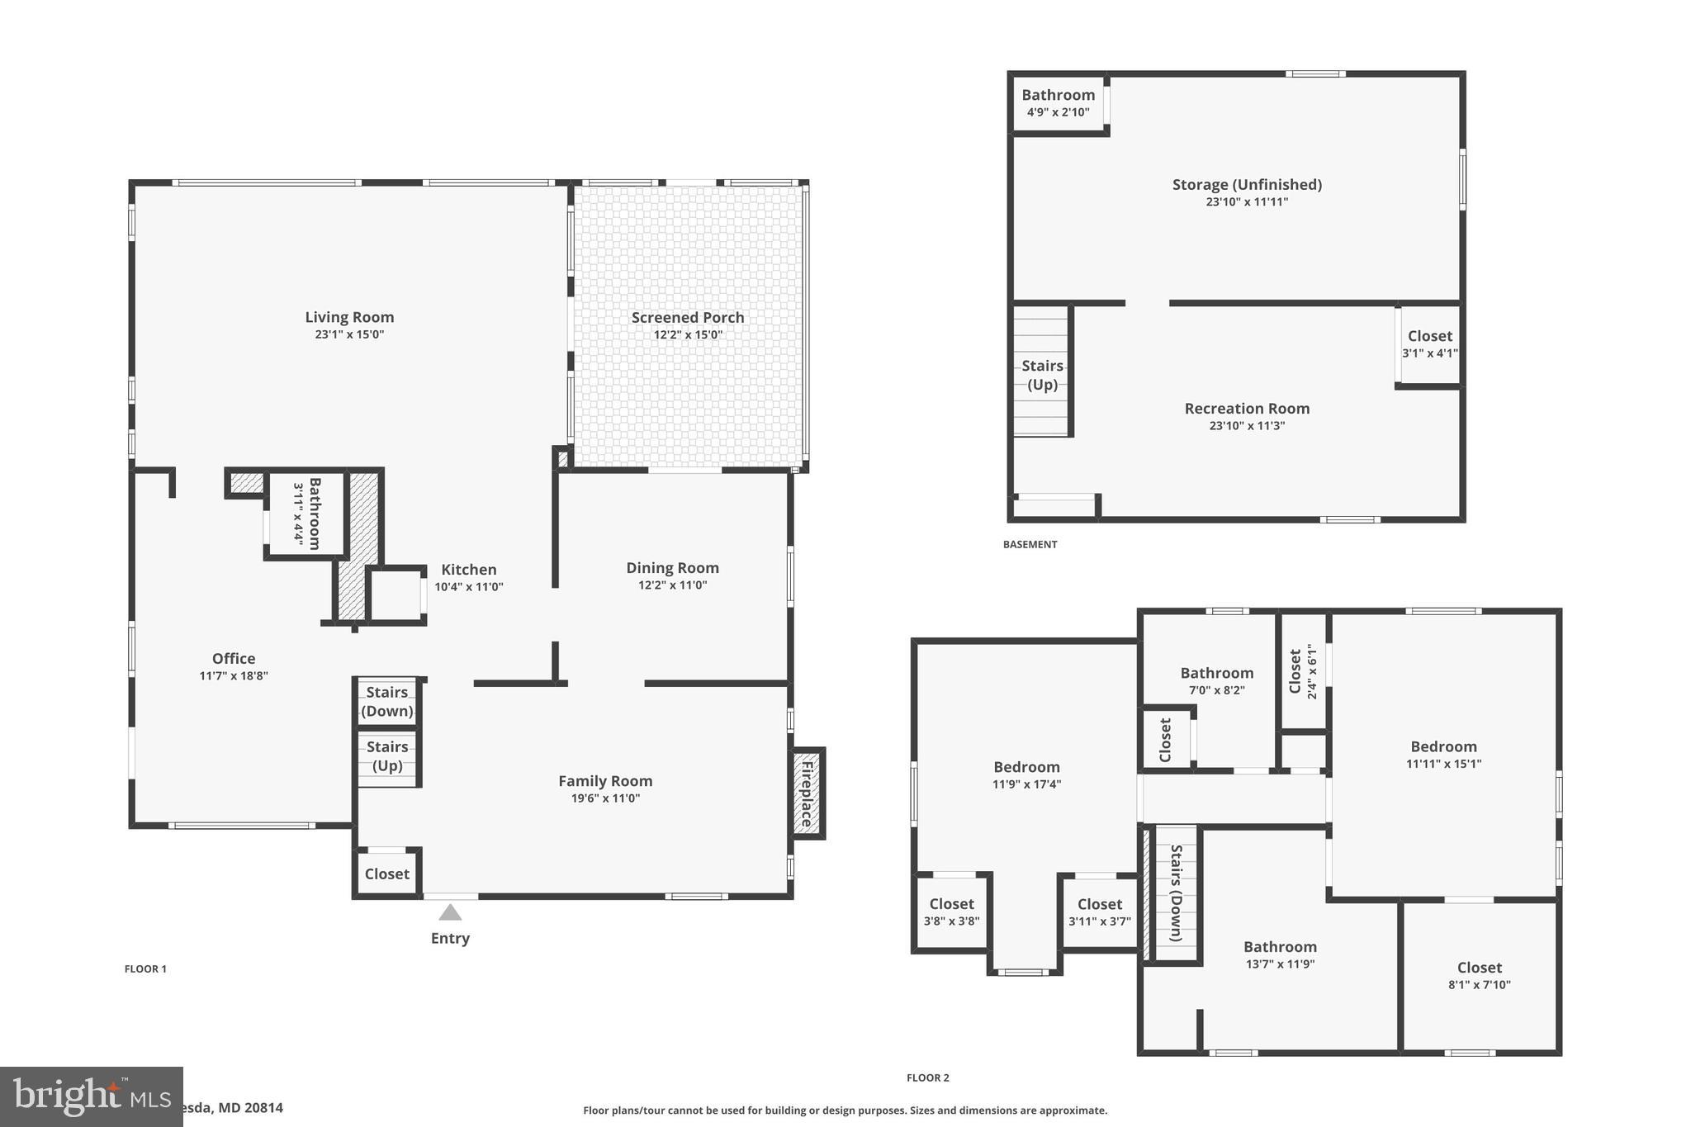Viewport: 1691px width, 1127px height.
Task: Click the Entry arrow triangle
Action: coord(450,912)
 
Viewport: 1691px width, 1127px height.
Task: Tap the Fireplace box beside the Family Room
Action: coord(808,793)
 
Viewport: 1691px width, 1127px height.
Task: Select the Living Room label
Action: coord(349,317)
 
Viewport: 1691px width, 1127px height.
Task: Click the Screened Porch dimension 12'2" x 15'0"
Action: coord(688,335)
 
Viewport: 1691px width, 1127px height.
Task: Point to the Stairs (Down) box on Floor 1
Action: coord(387,702)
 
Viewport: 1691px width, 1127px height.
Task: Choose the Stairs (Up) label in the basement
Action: coord(1042,375)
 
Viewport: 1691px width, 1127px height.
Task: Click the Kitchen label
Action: coord(468,570)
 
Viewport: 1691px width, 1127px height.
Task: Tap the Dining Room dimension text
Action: coord(672,585)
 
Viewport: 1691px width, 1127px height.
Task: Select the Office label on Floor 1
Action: coord(234,658)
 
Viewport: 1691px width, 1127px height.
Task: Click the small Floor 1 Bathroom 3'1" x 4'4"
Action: coord(305,513)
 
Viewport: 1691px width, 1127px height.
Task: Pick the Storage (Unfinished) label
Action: coord(1247,185)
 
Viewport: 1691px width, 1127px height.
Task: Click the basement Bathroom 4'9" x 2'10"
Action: coord(1059,102)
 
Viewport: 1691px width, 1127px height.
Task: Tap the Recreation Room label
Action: coord(1247,409)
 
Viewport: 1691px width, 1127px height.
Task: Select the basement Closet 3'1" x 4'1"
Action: coord(1429,343)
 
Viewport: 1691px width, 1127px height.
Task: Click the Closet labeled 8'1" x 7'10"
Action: coord(1479,974)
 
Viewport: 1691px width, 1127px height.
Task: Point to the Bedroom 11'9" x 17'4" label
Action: coord(1026,767)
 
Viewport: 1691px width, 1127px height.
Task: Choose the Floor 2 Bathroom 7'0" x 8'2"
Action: coord(1216,680)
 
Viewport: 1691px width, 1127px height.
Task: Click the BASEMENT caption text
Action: coord(1030,544)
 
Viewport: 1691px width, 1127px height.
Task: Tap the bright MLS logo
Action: coord(91,1096)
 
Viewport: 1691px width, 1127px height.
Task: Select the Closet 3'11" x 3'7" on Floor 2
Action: coord(1099,912)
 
